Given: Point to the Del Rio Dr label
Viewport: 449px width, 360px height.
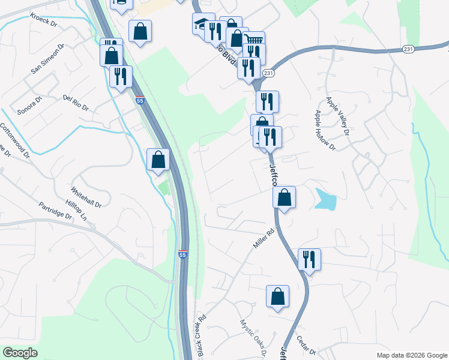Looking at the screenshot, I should point(76,103).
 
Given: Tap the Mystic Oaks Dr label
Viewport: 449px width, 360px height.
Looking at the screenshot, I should point(253,337).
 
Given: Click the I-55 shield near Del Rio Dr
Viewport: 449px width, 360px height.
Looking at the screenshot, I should point(140,101).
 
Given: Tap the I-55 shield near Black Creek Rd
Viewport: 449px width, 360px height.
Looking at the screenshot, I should point(182,254).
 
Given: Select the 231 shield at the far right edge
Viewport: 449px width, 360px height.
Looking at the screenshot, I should point(409,49).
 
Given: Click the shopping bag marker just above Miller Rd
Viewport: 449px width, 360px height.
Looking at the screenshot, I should point(285,197).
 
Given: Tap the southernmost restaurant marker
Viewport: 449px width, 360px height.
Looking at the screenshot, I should point(309,260).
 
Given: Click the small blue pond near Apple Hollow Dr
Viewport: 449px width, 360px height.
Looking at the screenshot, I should point(325,200).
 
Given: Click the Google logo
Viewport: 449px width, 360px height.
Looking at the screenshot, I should point(20,353).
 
